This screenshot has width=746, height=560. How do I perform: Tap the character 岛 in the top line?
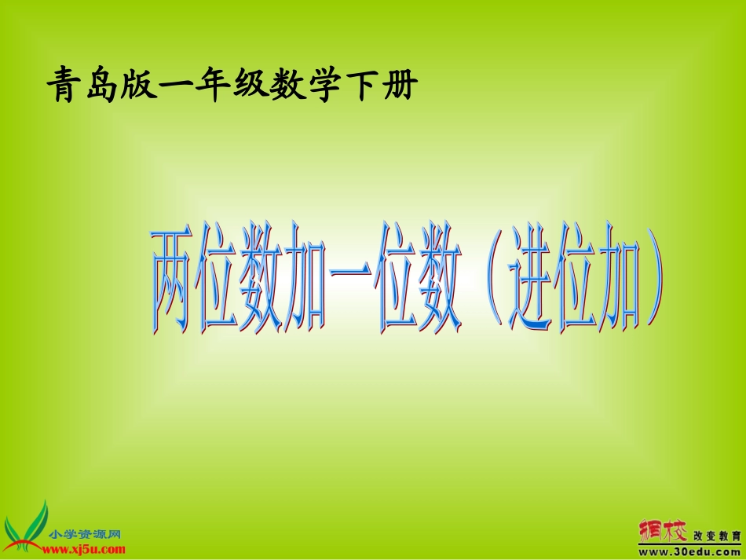[x=104, y=84]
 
